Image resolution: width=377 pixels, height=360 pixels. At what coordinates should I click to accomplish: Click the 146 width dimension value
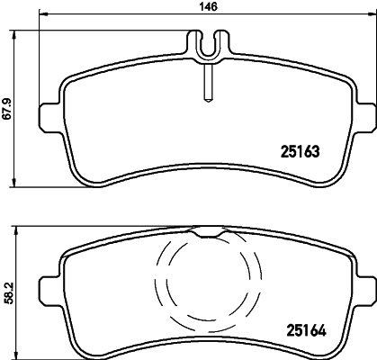(209, 7)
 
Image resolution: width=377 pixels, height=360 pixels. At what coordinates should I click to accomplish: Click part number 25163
(301, 151)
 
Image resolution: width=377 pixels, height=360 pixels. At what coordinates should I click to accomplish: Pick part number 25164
(307, 330)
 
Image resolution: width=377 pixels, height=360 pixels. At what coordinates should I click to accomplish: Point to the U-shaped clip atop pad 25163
(209, 45)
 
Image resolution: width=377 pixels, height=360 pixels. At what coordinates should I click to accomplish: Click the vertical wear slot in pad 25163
(208, 84)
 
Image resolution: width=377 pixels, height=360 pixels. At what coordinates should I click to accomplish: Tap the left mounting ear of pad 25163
(50, 118)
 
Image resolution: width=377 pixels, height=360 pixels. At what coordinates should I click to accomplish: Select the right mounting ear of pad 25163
(365, 118)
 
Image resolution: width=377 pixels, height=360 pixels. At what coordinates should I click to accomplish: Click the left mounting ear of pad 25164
(50, 291)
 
